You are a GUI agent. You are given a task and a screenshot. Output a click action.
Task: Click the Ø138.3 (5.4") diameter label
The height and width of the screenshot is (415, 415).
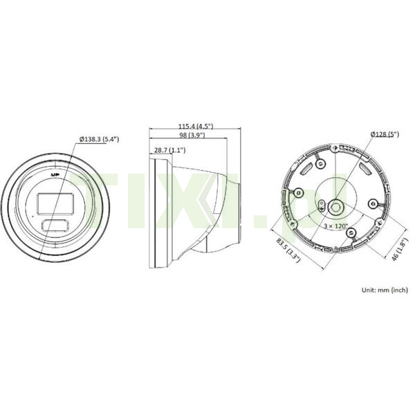pos(99,139)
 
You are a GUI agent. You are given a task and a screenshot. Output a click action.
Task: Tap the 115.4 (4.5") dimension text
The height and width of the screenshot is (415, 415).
pos(195,127)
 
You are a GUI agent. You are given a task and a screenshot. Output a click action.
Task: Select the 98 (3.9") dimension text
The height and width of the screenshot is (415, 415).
pos(192,135)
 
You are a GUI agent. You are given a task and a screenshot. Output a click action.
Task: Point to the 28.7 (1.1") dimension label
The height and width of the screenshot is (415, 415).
pos(169,150)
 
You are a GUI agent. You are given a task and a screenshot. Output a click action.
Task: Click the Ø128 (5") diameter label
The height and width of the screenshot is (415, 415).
pos(385,134)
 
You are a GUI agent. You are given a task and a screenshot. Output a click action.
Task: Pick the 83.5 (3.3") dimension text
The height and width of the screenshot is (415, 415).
pos(288,250)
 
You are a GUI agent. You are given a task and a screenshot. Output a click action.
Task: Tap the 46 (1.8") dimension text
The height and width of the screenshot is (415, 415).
pos(398,250)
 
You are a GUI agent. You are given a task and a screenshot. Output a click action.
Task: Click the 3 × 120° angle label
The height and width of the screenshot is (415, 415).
pos(336,226)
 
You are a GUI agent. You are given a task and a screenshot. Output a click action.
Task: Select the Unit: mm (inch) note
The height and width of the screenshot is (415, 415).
pos(385,290)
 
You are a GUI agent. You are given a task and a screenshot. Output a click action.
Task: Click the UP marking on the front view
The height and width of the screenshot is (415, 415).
pos(55,175)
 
